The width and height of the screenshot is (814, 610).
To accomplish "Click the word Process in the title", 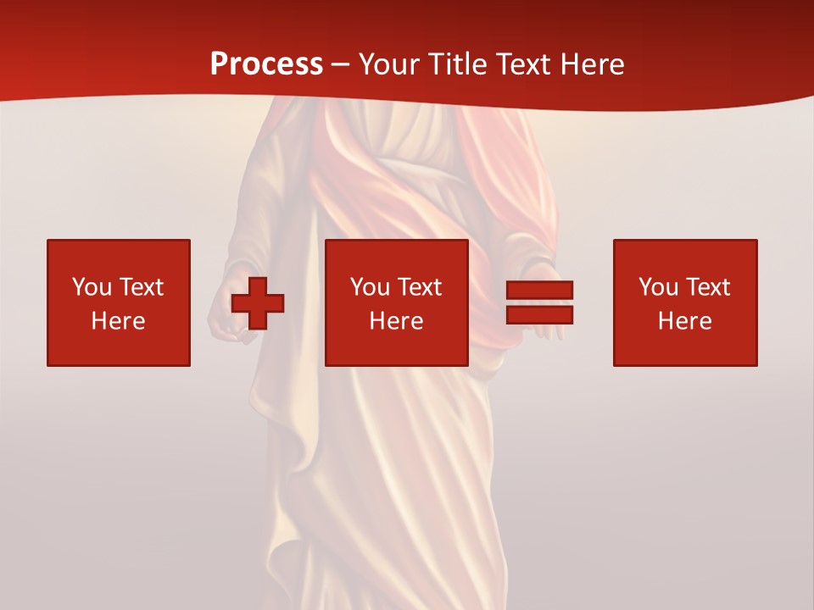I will click(266, 64).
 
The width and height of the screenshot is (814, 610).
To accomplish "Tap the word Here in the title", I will click(590, 64).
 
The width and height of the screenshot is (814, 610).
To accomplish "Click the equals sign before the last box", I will click(539, 302).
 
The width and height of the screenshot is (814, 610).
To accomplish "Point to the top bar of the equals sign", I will click(539, 291).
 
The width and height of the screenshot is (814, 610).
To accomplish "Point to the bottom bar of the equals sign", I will click(539, 314).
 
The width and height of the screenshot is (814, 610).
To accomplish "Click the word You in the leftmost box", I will click(92, 287).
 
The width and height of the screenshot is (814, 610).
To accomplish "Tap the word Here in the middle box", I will click(396, 321).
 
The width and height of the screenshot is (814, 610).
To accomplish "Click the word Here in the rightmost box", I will click(684, 321).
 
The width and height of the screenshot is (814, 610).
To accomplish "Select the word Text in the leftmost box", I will click(141, 287).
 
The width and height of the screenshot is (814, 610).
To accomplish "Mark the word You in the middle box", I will click(370, 287).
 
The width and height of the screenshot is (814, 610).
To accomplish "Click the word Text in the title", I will click(521, 64).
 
